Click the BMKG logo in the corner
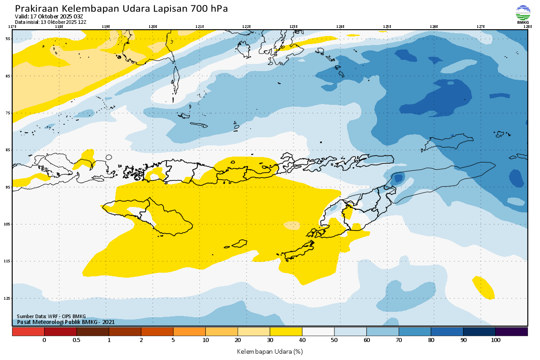click(x=522, y=14)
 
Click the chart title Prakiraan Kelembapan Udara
click(x=121, y=9)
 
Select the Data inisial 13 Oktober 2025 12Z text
click(x=50, y=22)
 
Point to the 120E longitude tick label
click(x=153, y=27)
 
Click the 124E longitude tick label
click(x=340, y=27)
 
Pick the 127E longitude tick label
click(x=481, y=27)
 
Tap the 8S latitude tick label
click(x=8, y=150)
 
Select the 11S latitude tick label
click(x=8, y=261)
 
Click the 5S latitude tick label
click(x=8, y=39)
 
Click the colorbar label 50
click(x=334, y=340)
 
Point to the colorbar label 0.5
click(x=76, y=340)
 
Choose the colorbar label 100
click(x=495, y=340)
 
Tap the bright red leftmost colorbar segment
click(x=28, y=331)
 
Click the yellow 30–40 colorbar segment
click(x=286, y=331)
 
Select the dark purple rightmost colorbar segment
click(x=511, y=331)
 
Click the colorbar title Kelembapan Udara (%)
click(x=270, y=351)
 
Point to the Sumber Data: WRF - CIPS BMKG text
click(x=51, y=316)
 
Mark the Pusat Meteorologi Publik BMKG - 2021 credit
click(x=66, y=322)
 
